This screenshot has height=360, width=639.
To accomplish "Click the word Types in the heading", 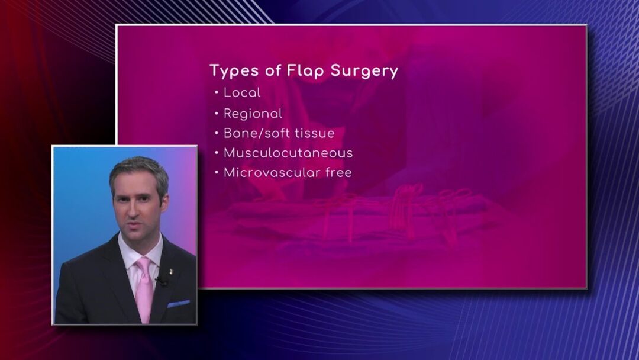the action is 234,71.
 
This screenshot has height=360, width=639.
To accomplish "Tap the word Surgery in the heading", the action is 364,71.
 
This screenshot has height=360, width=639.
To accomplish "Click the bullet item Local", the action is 242,92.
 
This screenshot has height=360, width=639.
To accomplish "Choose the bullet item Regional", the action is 253,114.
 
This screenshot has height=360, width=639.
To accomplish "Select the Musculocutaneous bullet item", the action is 288,153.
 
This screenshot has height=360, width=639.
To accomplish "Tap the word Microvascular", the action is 272,172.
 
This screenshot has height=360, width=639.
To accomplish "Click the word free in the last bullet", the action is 338,172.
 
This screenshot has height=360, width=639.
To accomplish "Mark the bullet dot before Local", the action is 217,93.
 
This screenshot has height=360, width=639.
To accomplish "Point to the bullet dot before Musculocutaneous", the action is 217,153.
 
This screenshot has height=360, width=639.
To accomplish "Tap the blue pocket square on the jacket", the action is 178,304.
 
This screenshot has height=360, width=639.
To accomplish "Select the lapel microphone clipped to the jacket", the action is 162,281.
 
